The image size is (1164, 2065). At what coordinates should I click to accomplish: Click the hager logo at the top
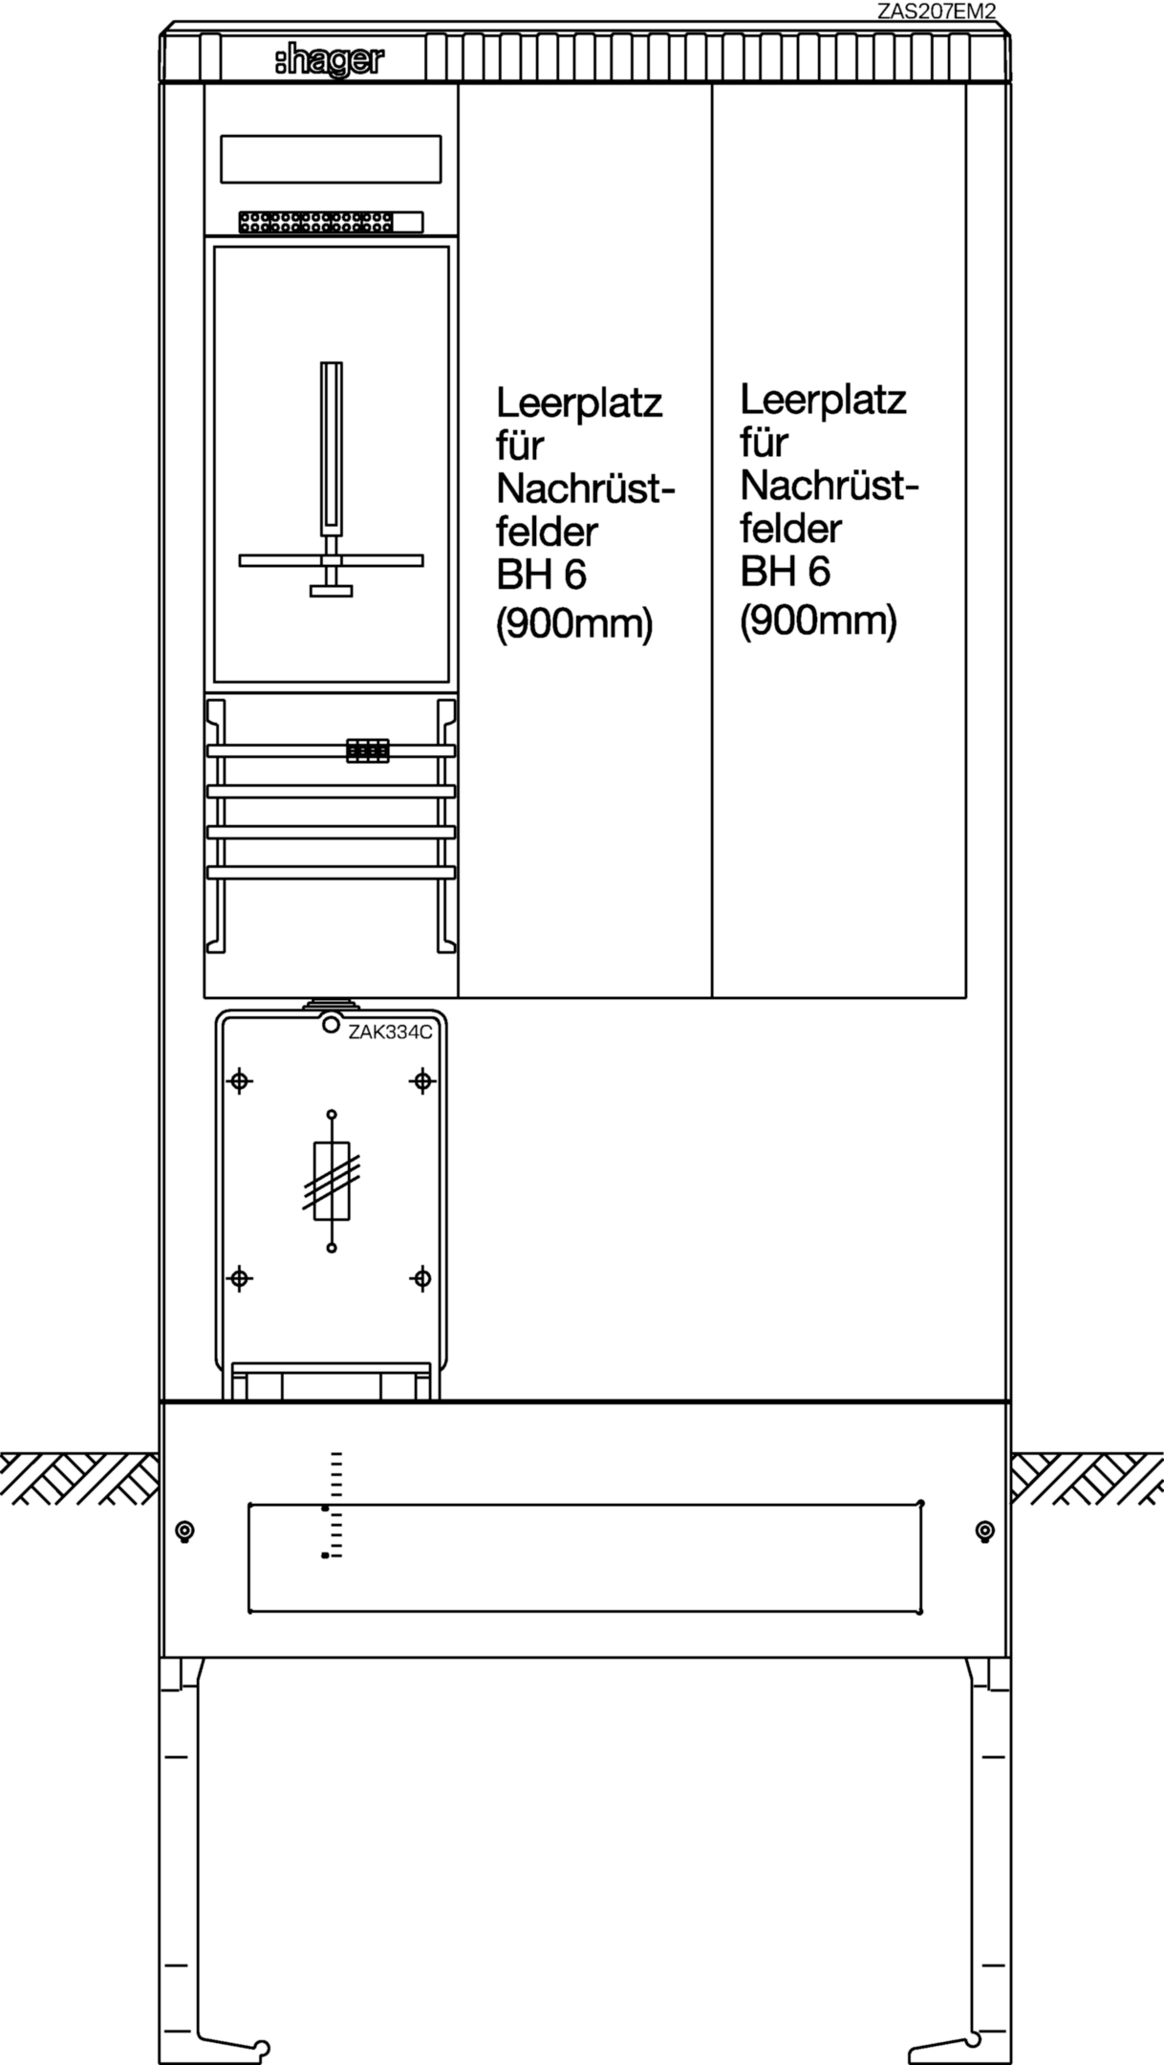[329, 61]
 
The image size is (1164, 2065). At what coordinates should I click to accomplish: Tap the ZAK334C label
[390, 1032]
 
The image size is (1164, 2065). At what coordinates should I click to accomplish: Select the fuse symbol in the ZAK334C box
[332, 1181]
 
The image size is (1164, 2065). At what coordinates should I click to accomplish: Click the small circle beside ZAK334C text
[331, 1025]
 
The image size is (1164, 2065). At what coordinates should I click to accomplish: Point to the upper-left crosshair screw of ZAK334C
[239, 1081]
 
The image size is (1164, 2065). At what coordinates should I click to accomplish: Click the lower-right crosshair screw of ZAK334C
[421, 1277]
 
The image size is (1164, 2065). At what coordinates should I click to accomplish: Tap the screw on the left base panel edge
[185, 1532]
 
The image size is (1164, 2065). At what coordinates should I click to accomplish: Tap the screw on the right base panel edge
[985, 1532]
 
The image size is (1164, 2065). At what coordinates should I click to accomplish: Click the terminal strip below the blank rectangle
[331, 222]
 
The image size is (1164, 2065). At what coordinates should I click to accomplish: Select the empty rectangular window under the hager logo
[331, 159]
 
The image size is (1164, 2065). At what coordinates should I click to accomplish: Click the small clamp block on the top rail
[368, 751]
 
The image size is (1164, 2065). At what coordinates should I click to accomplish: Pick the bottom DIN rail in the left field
[331, 872]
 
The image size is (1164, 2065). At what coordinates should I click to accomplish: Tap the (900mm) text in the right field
[819, 621]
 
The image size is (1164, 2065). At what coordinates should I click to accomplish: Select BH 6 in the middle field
[541, 575]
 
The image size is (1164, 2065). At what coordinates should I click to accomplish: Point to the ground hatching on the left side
[79, 1478]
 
